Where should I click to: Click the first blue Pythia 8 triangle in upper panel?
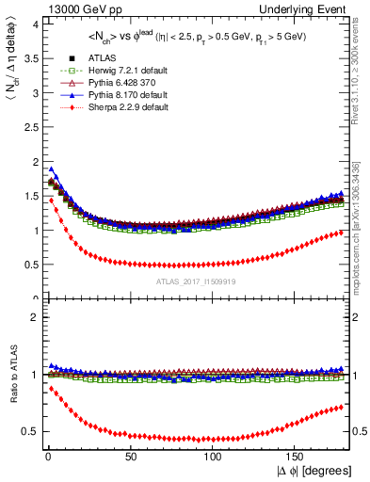(50, 169)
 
